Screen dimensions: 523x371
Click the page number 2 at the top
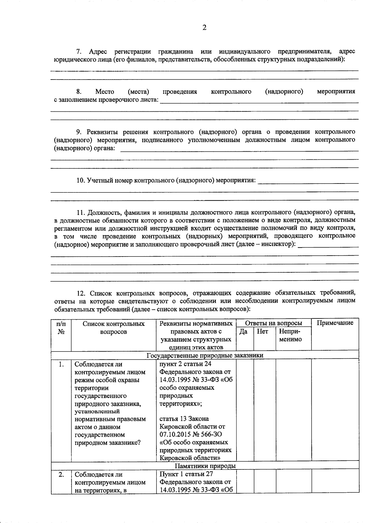[x=204, y=28]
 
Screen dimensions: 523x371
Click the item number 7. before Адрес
[x=79, y=51]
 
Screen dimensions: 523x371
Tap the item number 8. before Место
[x=79, y=92]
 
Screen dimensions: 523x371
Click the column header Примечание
[x=335, y=323]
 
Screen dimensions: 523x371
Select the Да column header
[x=243, y=331]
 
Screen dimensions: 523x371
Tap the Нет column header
[x=262, y=331]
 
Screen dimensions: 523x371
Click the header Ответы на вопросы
[x=273, y=323]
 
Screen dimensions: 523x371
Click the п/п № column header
[x=61, y=328]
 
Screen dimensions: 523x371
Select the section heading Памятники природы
[x=205, y=466]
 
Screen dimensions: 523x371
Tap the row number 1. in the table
[x=61, y=365]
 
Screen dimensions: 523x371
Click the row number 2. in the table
[x=61, y=474]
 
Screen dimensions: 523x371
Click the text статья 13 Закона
[x=184, y=419]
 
